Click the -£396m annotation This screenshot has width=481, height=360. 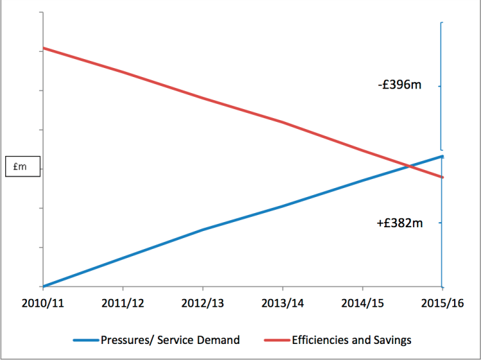point(400,85)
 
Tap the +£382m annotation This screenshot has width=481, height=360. point(400,223)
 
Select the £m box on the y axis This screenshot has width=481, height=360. point(22,166)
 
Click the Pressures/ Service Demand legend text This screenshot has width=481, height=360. point(170,340)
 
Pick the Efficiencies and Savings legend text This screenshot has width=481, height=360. point(351,340)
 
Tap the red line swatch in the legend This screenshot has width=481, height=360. point(273,340)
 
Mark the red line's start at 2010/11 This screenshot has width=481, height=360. point(43,48)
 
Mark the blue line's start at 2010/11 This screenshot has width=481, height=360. point(43,286)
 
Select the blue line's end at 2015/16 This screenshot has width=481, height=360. point(442,156)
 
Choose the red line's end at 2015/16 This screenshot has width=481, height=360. point(442,177)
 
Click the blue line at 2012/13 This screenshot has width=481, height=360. point(203,229)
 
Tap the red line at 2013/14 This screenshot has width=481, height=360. point(282,121)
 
